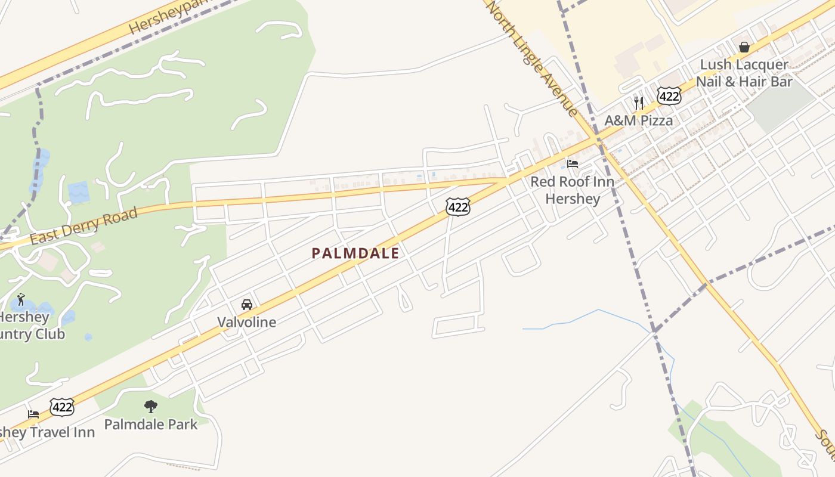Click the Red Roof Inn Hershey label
tap(572, 190)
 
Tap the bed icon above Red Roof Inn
tap(573, 163)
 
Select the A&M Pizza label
tap(638, 120)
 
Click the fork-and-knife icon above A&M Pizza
tap(639, 102)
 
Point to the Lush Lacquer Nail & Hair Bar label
tap(744, 73)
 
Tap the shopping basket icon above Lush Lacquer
tap(744, 47)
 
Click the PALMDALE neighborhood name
tap(355, 253)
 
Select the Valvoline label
tap(246, 323)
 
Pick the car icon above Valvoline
tap(247, 305)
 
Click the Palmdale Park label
tap(151, 425)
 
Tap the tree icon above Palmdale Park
tap(151, 407)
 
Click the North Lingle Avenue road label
tap(532, 58)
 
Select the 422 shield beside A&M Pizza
tap(669, 96)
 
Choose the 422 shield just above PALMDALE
tap(457, 207)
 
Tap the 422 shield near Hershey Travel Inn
tap(61, 407)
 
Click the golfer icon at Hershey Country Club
tap(21, 299)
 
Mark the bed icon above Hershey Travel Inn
tap(33, 414)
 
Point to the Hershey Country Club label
tap(30, 326)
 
